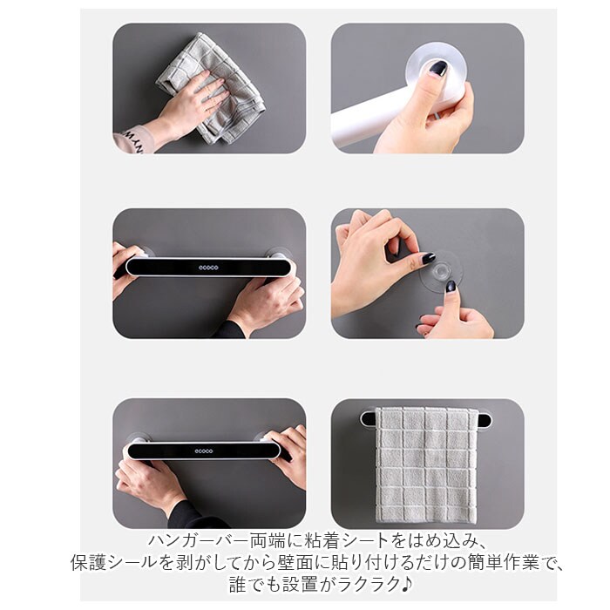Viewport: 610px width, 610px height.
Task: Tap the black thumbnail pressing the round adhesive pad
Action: click(438, 69)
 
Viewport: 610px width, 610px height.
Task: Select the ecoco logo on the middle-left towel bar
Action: click(208, 268)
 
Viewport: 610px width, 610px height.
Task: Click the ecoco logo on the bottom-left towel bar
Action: click(204, 451)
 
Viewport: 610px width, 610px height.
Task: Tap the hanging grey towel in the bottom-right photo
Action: click(427, 464)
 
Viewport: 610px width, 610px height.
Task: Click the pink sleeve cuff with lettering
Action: click(132, 139)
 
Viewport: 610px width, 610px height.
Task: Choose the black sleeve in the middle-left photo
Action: click(230, 330)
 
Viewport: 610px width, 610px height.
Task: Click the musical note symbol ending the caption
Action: click(407, 584)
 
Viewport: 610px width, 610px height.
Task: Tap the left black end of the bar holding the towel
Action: click(368, 419)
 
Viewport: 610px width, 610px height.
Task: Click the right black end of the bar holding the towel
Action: click(483, 420)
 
